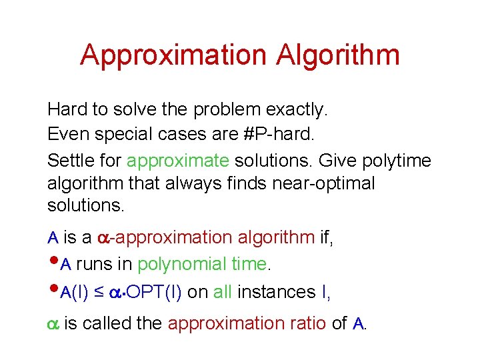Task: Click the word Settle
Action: [x=70, y=161]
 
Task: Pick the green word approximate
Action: [x=178, y=161]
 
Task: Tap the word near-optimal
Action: [x=323, y=183]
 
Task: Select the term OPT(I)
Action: [x=155, y=292]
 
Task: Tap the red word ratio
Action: [x=307, y=323]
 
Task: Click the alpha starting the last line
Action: [x=53, y=324]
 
